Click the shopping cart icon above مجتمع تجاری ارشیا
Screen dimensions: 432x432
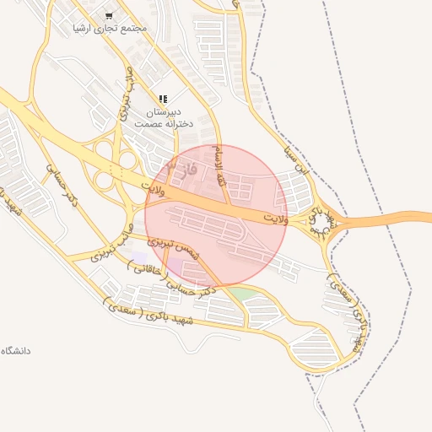pos(109,16)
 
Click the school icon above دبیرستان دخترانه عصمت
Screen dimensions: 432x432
pos(163,100)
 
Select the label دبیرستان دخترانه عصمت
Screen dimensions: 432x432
pos(164,117)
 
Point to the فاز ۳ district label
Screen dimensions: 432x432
pos(182,168)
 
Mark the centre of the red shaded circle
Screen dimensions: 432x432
pos(216,215)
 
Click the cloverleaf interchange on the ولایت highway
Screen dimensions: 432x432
pos(114,168)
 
